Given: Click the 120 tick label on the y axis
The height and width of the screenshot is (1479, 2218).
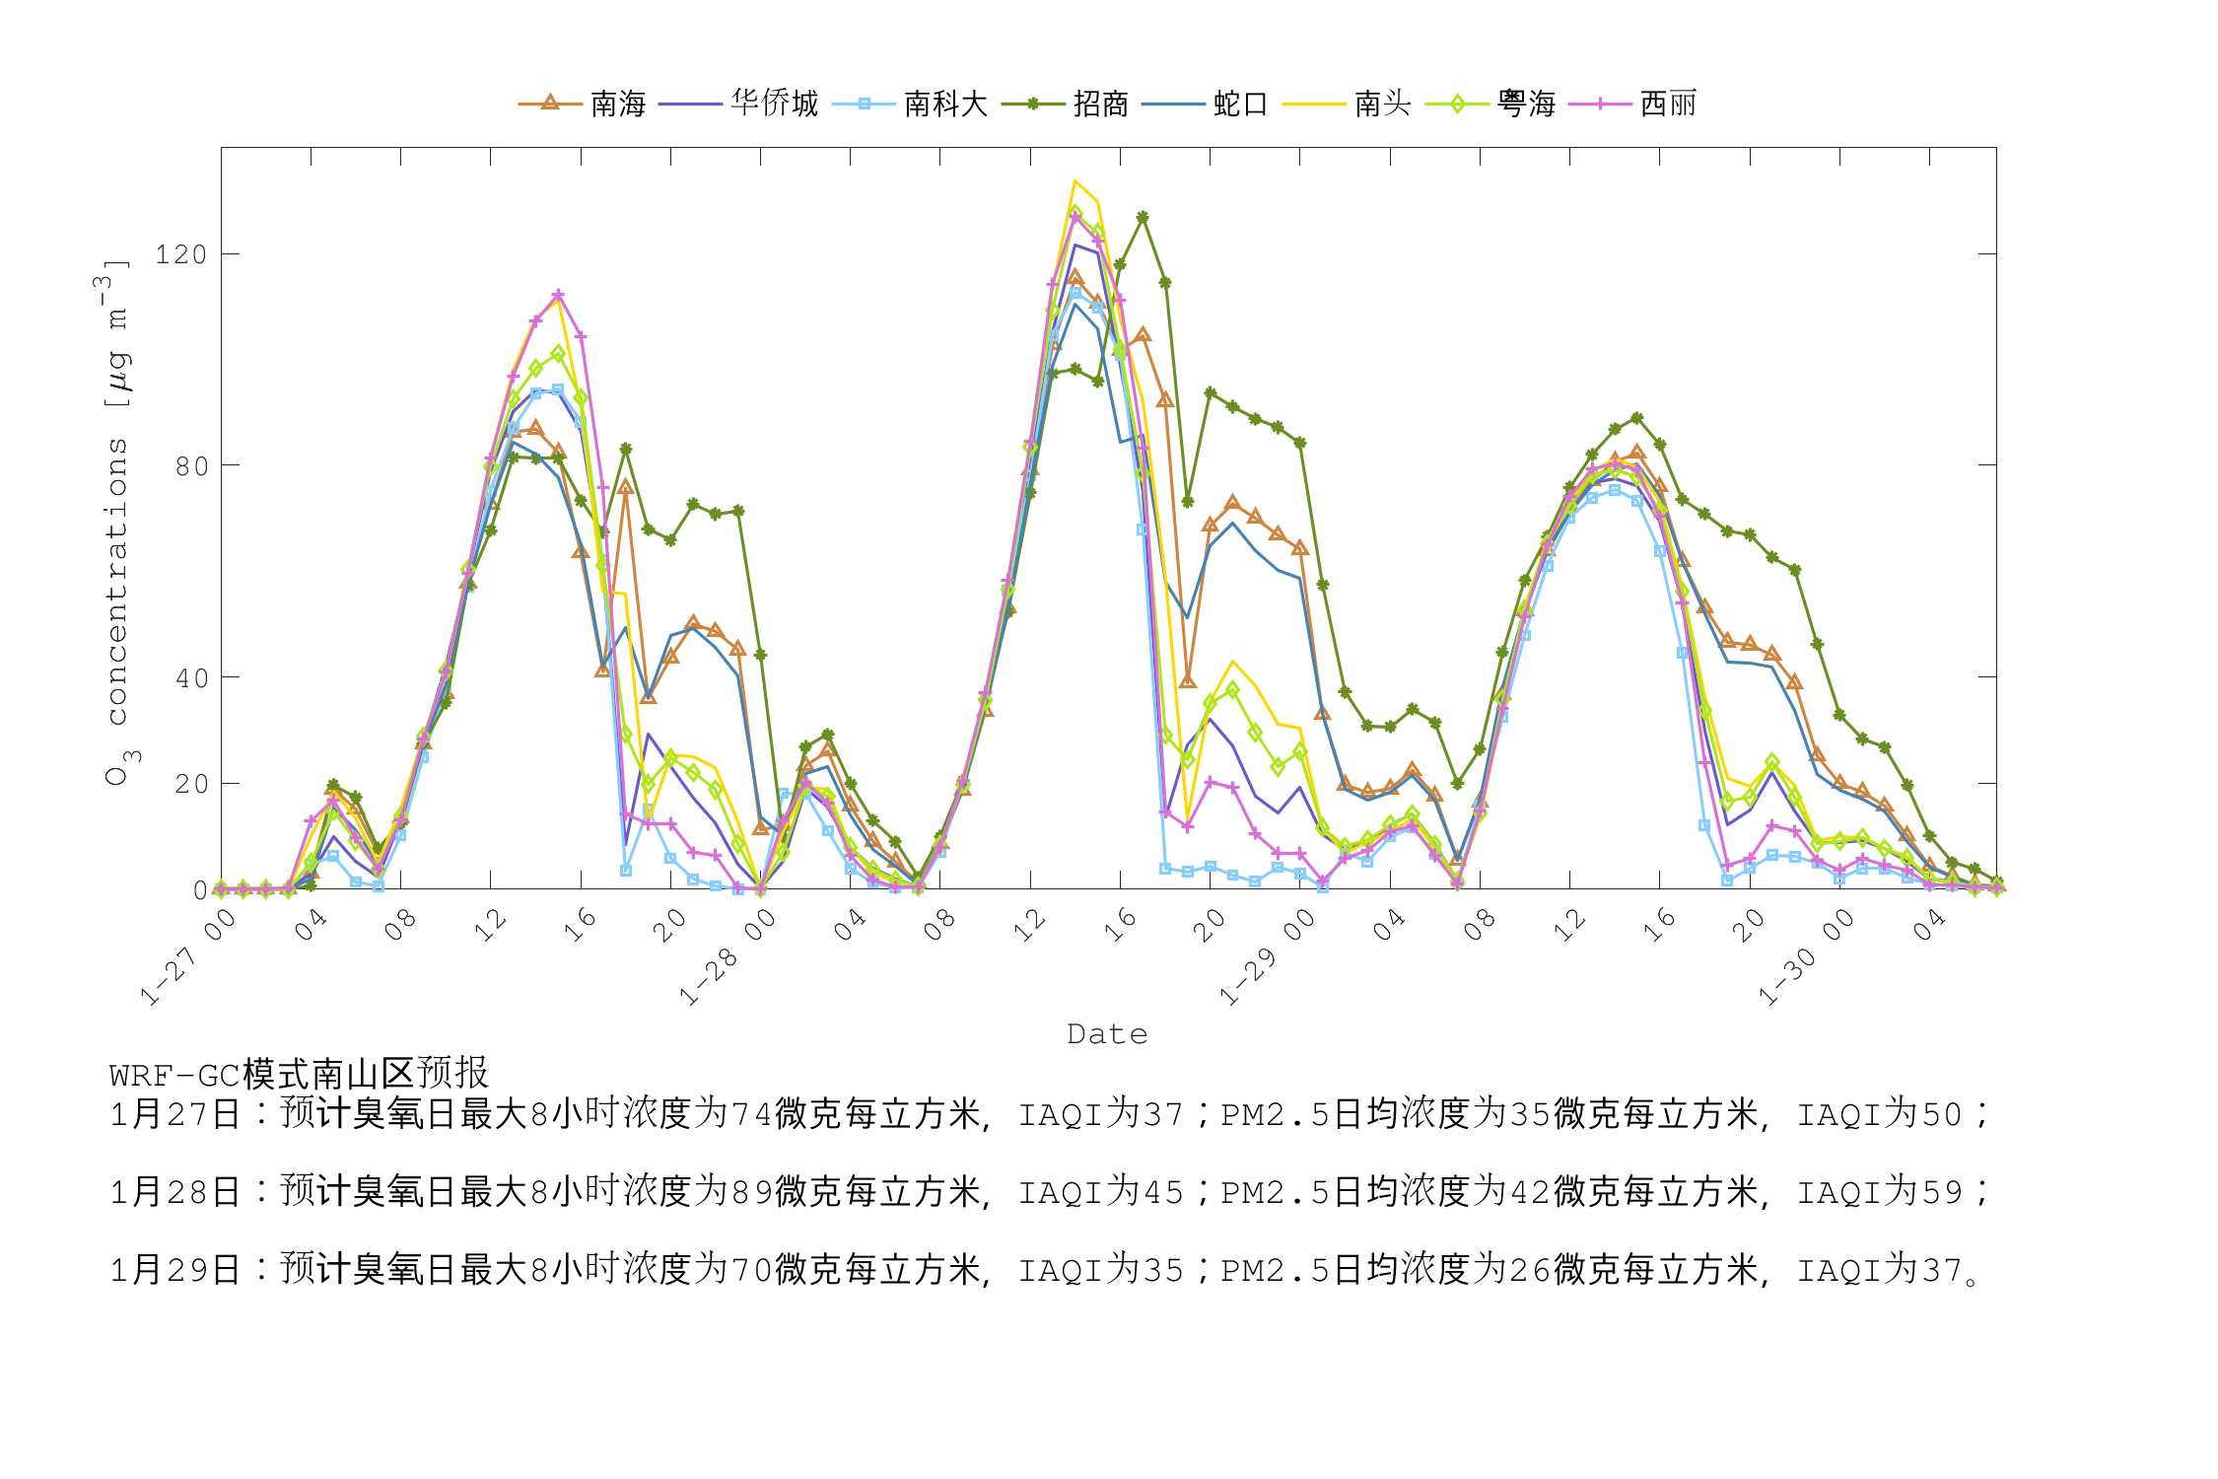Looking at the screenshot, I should click(181, 254).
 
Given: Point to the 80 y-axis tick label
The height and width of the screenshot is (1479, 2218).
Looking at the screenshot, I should click(191, 466).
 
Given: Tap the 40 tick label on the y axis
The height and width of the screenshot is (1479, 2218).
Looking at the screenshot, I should click(191, 678).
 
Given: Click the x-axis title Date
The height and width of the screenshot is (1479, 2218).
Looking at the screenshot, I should click(1107, 1034).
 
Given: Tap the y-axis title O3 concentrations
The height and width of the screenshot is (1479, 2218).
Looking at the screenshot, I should click(116, 523).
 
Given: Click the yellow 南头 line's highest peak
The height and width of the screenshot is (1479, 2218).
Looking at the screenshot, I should click(1075, 181).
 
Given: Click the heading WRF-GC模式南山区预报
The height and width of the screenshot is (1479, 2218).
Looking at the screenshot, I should click(299, 1074).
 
